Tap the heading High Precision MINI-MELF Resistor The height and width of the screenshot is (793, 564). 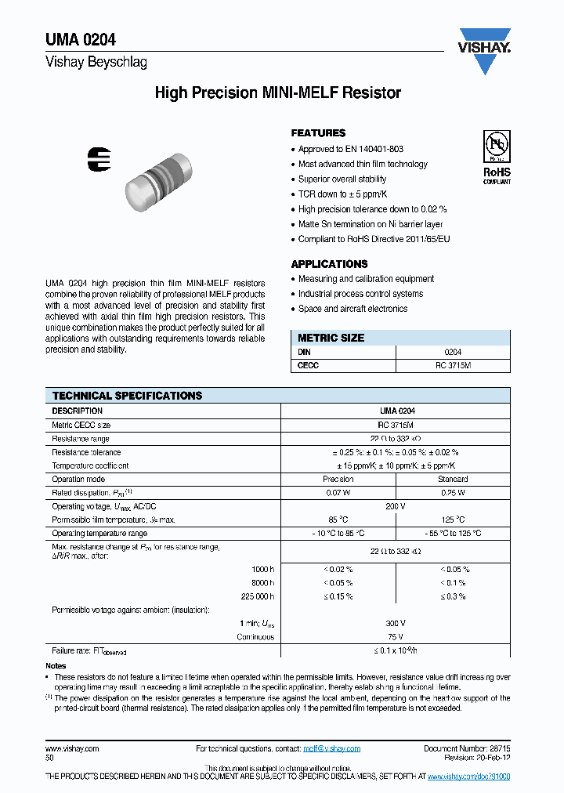point(278,93)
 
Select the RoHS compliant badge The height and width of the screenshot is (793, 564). point(496,158)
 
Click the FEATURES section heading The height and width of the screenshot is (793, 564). point(318,133)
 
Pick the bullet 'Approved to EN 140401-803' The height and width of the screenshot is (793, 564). point(351,149)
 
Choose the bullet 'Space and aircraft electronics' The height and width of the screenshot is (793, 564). point(352,309)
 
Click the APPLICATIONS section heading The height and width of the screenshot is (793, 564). point(329,264)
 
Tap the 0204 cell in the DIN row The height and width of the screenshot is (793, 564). point(453,353)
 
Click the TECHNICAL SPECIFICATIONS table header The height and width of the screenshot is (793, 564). point(127,396)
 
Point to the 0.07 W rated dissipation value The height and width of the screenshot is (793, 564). point(338,493)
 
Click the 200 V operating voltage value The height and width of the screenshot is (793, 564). point(396,506)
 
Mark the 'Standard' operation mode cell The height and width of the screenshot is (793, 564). point(453,479)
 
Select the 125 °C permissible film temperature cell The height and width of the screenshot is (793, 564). point(453,520)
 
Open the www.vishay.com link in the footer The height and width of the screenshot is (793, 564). point(72,748)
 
